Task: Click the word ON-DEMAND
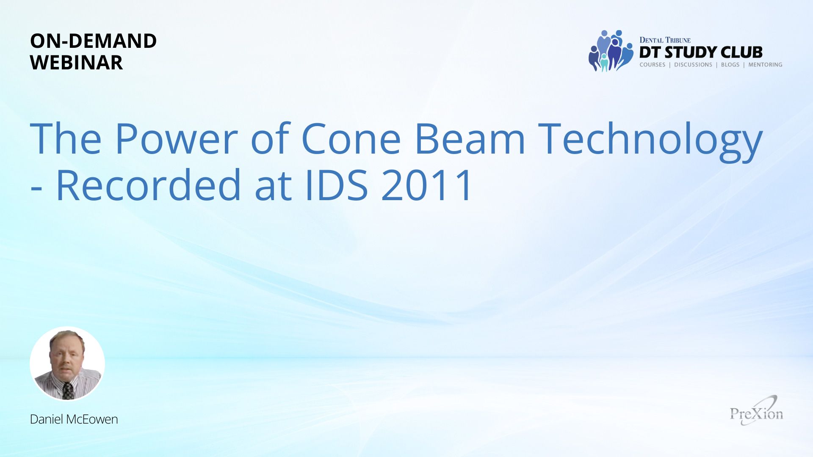point(93,41)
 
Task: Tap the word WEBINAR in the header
point(76,63)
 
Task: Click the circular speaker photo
point(67,363)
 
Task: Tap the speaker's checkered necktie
point(67,391)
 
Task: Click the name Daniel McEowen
point(74,419)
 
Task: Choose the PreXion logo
point(757,411)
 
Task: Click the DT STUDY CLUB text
point(701,52)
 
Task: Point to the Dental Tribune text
point(665,40)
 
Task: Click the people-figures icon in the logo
point(611,51)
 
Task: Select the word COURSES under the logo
point(653,65)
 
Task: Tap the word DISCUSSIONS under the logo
point(693,65)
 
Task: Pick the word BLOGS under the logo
point(730,65)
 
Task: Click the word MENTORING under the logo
point(765,65)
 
